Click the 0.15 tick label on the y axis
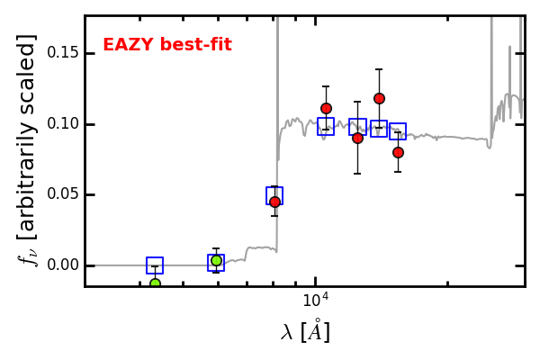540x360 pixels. [x=63, y=53]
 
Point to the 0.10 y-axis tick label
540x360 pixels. [x=63, y=123]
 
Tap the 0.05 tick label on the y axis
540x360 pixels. [x=63, y=194]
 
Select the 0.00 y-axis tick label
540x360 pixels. [x=63, y=265]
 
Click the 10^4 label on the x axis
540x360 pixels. [x=316, y=300]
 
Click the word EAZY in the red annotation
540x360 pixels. [x=128, y=45]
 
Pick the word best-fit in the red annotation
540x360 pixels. [x=196, y=45]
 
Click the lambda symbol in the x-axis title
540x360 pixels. [x=287, y=333]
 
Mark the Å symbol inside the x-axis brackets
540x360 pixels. [x=315, y=330]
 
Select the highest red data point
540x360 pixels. [x=379, y=98]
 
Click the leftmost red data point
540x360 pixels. [x=274, y=202]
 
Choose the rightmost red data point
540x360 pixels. [x=398, y=152]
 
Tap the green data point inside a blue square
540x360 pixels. [x=216, y=260]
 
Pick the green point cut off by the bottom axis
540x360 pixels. [x=156, y=283]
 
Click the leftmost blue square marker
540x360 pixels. [x=155, y=265]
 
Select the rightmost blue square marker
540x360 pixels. [x=398, y=131]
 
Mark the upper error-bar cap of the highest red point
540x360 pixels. [x=379, y=69]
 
